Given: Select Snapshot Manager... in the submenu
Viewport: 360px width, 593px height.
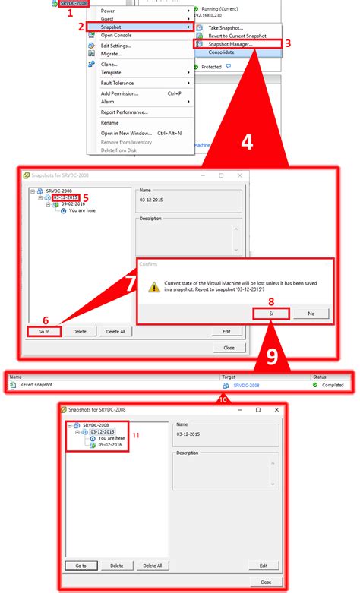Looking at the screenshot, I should tap(231, 44).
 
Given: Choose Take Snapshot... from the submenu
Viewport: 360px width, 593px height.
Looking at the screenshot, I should tap(226, 27).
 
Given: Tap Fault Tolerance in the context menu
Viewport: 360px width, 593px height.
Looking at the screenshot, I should tap(118, 83).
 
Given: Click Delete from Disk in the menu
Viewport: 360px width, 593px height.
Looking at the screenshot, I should tap(121, 150).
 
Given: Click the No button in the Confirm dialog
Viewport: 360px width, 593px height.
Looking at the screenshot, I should tap(311, 313).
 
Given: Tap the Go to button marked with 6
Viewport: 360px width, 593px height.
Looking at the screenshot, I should tap(43, 332).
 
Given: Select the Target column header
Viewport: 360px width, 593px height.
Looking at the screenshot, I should tap(230, 376).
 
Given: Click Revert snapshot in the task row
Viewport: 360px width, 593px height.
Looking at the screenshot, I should tap(36, 385).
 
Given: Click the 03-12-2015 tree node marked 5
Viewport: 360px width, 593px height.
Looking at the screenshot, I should tap(65, 198).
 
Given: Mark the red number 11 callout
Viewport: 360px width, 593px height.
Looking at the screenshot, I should tap(137, 435).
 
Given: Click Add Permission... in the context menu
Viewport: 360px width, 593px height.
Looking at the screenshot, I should tap(120, 93).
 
